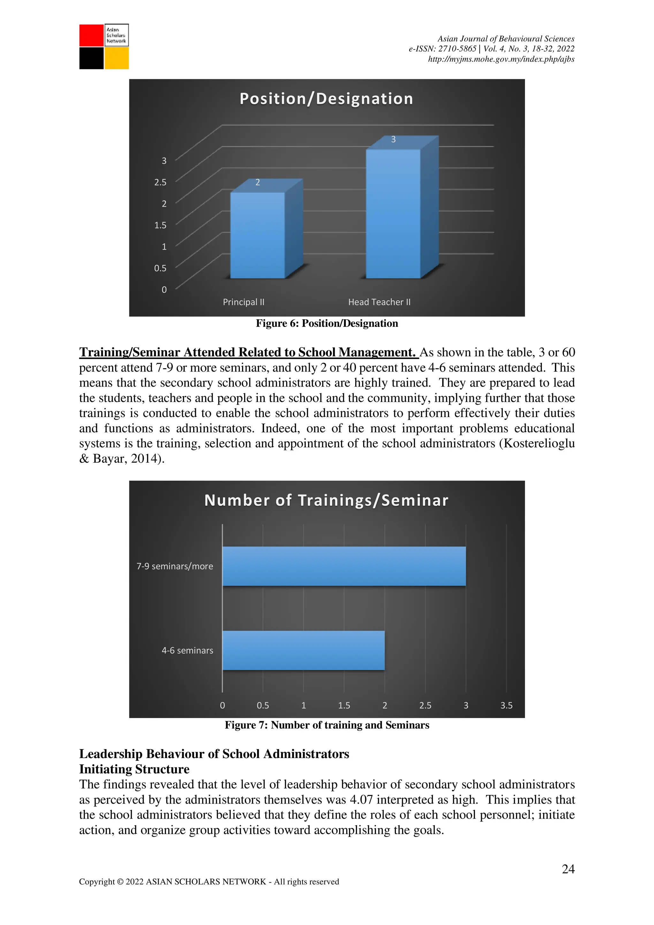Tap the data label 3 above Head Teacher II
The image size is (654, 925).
coord(393,140)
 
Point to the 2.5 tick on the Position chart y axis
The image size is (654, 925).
coord(160,182)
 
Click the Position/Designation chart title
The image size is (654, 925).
coord(326,99)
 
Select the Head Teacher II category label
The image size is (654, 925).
coord(379,302)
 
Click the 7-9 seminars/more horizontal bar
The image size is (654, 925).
coord(344,566)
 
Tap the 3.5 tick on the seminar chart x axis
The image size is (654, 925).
coord(506,705)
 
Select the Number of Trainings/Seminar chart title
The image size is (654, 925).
coord(326,500)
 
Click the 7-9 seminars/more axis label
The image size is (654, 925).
coord(175,566)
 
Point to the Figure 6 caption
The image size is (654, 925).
coord(327,323)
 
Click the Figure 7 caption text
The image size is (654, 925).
coord(327,725)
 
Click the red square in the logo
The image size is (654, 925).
coord(91,35)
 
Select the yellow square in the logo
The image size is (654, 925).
coord(117,58)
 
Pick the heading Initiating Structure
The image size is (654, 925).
coord(134,769)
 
